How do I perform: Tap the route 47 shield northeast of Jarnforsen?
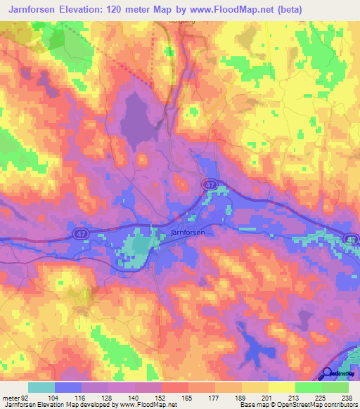click(x=210, y=184)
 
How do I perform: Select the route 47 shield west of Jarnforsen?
click(x=79, y=232)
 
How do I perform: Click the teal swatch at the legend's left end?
click(x=41, y=387)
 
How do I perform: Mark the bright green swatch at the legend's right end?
click(x=335, y=387)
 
